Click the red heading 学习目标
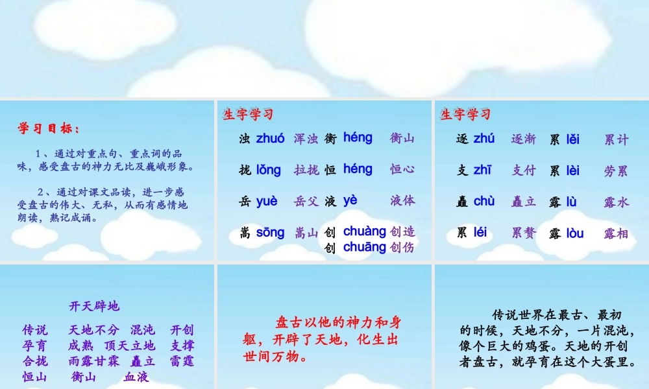49,128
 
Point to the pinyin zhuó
271,138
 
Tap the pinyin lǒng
269,170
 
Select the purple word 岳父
306,201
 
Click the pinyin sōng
270,232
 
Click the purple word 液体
402,201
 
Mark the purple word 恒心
402,170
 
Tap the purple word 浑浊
306,138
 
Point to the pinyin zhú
484,138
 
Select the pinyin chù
484,201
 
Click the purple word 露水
617,202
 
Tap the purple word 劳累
617,171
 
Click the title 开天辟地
94,306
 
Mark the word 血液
137,377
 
